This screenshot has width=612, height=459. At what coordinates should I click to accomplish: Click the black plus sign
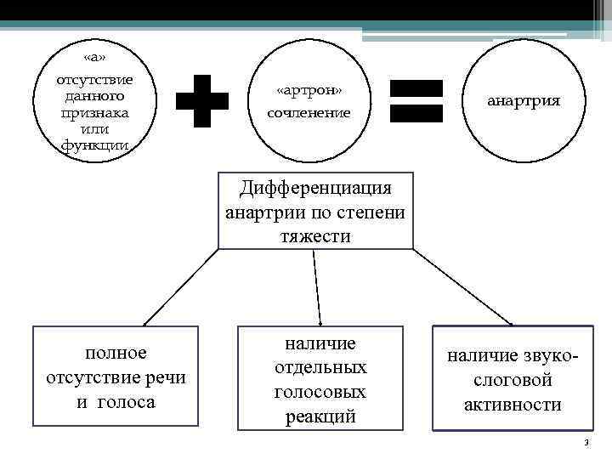[202, 100]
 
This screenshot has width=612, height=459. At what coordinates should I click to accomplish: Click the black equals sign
[416, 101]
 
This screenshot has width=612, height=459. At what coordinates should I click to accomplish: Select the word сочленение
[309, 112]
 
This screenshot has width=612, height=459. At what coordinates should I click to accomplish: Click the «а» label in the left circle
[95, 58]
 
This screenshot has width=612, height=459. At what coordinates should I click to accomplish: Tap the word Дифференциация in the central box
[315, 186]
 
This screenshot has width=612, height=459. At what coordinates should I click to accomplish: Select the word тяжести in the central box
[315, 235]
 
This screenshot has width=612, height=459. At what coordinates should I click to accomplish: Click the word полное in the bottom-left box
[116, 352]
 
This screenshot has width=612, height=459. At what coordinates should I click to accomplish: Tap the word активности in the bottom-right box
[513, 405]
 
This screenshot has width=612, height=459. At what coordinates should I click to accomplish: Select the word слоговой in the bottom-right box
[513, 381]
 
